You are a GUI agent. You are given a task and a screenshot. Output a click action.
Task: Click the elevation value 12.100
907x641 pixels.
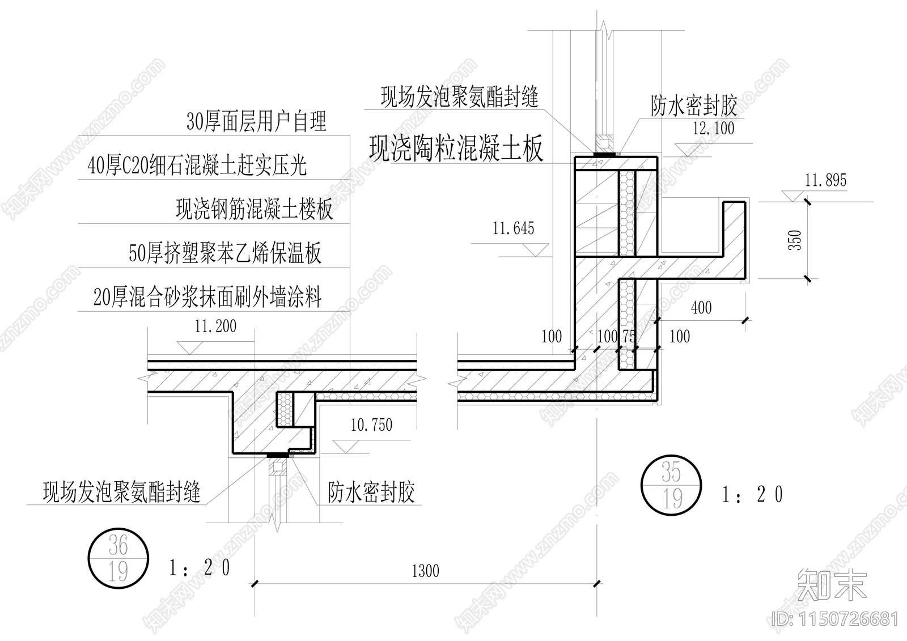tap(713, 128)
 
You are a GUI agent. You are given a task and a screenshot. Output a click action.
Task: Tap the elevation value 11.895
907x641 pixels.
tap(825, 180)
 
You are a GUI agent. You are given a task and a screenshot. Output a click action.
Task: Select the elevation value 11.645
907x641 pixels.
tap(513, 228)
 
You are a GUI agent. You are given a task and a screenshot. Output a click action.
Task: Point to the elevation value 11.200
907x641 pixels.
tap(215, 326)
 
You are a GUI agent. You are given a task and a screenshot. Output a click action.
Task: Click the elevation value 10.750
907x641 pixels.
tap(371, 424)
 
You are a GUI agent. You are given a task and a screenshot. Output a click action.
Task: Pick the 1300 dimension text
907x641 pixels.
tap(425, 570)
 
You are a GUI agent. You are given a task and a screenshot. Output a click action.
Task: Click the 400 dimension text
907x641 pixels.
tap(701, 308)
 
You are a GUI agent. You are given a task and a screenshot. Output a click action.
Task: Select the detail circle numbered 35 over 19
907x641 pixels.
tap(671, 485)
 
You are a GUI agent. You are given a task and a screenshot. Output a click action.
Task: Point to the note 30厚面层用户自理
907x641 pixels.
tap(256, 121)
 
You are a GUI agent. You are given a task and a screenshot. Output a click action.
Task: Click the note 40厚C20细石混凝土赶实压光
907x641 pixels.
tap(197, 165)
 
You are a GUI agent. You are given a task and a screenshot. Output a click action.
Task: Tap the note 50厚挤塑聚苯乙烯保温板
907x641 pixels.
tap(225, 253)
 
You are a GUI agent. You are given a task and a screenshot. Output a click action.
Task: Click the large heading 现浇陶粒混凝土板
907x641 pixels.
tap(456, 148)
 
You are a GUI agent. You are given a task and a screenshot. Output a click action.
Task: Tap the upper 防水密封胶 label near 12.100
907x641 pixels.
tap(693, 105)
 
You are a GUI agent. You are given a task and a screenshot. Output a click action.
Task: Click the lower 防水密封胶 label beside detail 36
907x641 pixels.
tap(371, 492)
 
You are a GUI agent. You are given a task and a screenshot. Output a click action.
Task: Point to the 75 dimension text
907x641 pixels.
tap(629, 336)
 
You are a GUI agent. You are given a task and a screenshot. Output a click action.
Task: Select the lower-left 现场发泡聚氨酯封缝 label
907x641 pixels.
tap(122, 491)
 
